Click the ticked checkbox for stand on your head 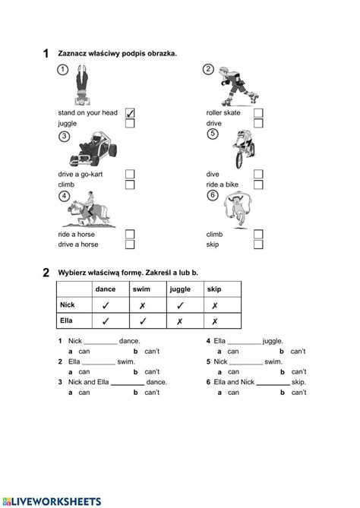[130, 112]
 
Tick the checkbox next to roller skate [258, 112]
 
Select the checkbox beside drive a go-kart [130, 174]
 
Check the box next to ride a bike [258, 185]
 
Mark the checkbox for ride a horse [130, 234]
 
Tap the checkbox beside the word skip [258, 245]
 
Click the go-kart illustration [93, 149]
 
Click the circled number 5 [213, 134]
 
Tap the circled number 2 [208, 69]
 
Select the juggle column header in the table [180, 289]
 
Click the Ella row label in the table [66, 320]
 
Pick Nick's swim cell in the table [142, 305]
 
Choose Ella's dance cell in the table [106, 321]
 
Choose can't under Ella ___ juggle [298, 351]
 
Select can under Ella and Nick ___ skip [233, 393]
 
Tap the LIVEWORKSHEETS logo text [51, 501]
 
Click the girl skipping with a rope [238, 210]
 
